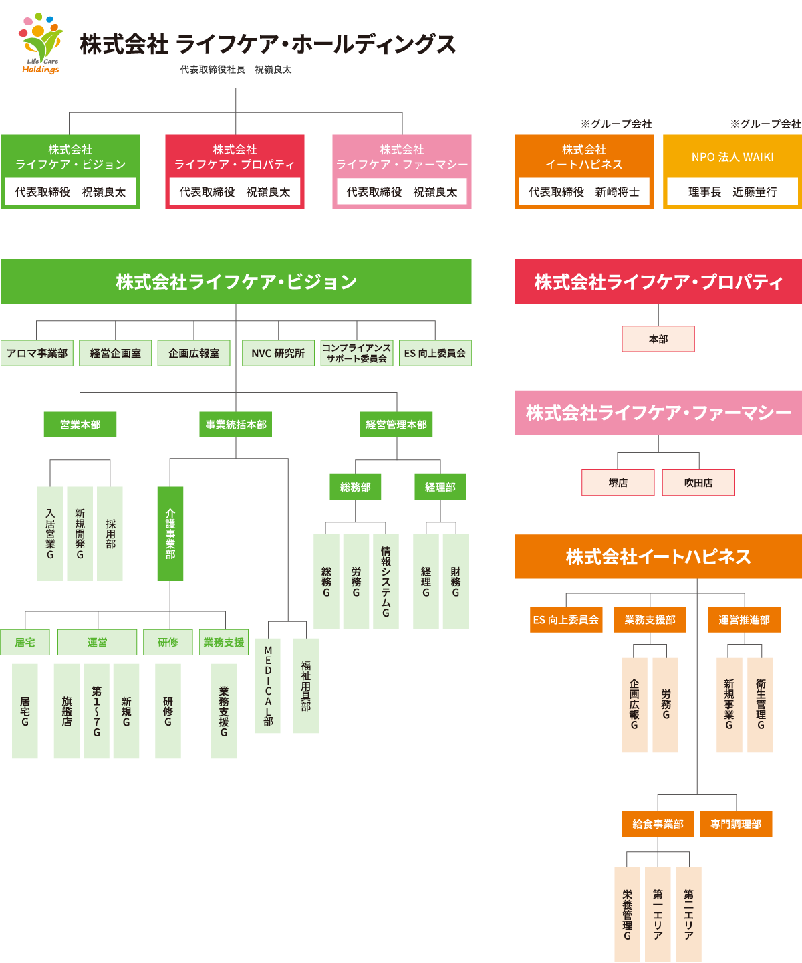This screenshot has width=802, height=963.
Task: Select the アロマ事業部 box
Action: (x=37, y=353)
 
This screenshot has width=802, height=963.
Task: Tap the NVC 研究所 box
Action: (x=278, y=353)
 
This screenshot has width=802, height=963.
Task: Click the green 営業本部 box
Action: (x=80, y=425)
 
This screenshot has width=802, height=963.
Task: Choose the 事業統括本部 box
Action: (x=236, y=425)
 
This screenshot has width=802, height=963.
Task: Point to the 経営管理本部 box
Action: (x=396, y=425)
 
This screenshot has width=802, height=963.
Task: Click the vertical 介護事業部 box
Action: (x=170, y=534)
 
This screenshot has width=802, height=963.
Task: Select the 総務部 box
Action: (x=356, y=487)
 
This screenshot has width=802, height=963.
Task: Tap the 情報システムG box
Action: (x=386, y=581)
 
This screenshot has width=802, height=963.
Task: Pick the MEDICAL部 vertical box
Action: (x=268, y=685)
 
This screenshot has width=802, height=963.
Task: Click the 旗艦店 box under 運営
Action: (x=67, y=711)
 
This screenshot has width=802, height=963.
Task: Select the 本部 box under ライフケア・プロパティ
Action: (x=658, y=339)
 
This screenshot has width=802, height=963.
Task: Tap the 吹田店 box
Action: (x=698, y=482)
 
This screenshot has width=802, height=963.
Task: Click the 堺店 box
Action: (x=618, y=482)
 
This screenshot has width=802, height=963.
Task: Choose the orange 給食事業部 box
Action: (x=658, y=824)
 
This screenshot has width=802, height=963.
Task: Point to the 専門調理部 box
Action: (x=736, y=824)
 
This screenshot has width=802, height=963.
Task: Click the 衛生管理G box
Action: (x=761, y=705)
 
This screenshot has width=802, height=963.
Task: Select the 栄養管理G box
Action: (x=627, y=915)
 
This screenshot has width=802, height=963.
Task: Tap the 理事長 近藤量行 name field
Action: (x=732, y=192)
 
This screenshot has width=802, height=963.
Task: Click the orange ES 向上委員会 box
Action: (x=566, y=620)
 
